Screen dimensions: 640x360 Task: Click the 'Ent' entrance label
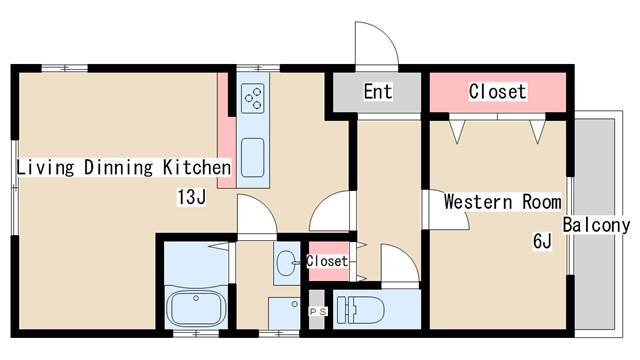click(378, 91)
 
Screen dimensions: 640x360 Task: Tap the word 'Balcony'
click(596, 225)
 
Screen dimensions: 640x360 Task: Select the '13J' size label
click(191, 197)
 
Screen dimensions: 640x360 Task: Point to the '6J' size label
click(542, 241)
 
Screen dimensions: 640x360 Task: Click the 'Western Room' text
click(502, 202)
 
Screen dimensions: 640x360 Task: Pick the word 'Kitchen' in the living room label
click(197, 167)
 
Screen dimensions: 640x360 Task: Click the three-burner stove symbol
click(253, 98)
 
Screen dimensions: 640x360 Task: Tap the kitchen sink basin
click(253, 158)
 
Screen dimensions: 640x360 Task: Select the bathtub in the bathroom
click(196, 308)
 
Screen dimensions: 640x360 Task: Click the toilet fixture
click(360, 309)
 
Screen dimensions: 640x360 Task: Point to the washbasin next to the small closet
click(287, 262)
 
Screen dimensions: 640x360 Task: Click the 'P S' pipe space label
click(318, 312)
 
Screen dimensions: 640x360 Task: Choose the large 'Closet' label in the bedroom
click(497, 91)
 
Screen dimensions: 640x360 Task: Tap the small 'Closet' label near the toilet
click(327, 261)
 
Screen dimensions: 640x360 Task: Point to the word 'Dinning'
click(118, 168)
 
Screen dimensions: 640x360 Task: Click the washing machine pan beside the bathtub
click(284, 313)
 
